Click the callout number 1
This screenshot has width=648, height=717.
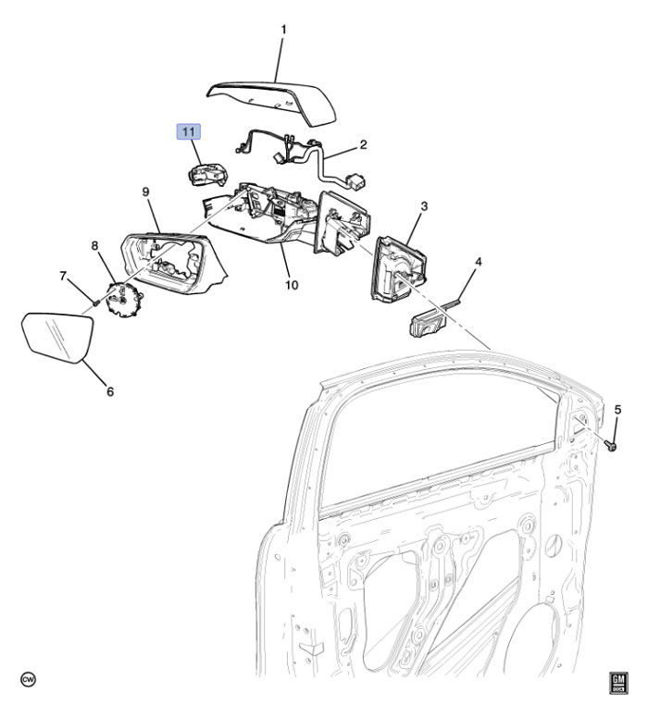click(283, 30)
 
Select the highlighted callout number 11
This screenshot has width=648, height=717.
click(189, 132)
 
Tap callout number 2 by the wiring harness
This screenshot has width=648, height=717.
click(364, 144)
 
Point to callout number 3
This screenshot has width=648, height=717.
click(422, 207)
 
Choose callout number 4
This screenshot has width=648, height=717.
click(478, 262)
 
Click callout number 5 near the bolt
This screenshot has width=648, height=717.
click(617, 409)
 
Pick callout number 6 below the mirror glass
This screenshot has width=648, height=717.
click(109, 391)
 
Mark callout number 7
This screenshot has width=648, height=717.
click(64, 276)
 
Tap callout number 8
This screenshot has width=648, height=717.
click(94, 245)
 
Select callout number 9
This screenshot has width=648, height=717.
click(145, 192)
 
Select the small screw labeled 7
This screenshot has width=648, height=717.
click(95, 301)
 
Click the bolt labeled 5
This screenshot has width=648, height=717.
click(613, 446)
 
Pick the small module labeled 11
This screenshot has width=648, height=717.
click(209, 173)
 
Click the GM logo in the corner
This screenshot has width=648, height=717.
click(617, 683)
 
